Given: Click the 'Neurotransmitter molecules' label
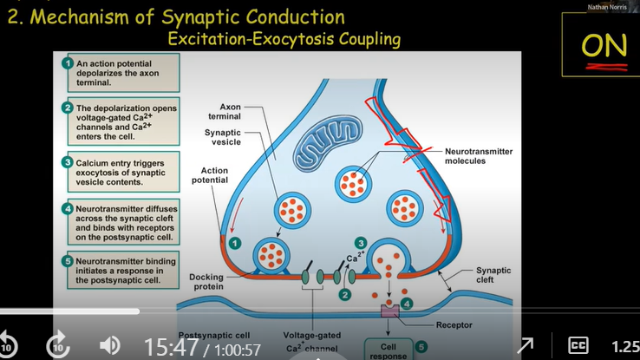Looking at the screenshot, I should click(x=479, y=156).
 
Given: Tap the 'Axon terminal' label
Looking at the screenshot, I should click(x=230, y=109).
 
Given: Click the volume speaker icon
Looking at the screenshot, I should click(x=110, y=345).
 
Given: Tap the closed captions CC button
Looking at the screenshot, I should click(x=578, y=345).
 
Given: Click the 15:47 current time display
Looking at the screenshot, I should click(x=172, y=347).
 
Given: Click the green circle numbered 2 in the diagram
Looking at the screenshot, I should click(x=344, y=295).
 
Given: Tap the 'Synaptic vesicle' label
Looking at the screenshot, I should click(x=223, y=137).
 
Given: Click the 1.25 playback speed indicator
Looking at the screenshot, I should click(x=624, y=346).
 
